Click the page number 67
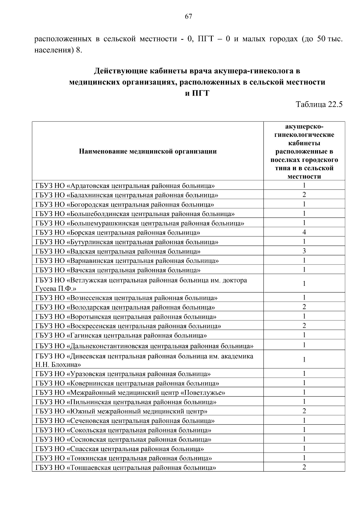coord(188,16)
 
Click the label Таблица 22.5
coord(319,104)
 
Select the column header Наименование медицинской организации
coord(148,151)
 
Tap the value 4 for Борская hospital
coord(304,232)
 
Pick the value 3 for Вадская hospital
coord(304,251)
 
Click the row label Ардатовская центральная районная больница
coord(125,186)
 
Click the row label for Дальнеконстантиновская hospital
coord(144,346)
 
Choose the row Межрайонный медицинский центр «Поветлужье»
coord(130,393)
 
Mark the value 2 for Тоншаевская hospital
coord(304,467)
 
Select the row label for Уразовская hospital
coord(123,374)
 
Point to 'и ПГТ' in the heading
coord(197,93)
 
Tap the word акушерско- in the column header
coord(304,126)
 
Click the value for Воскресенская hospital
coord(304,326)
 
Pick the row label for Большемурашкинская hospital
coord(140,223)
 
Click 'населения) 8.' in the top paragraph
coord(58,50)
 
